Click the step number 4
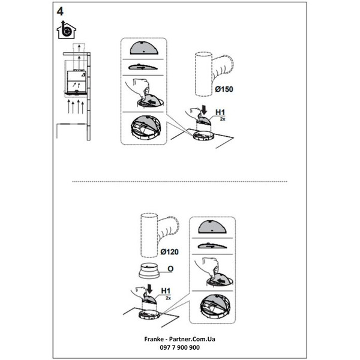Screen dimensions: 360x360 coord(60,11)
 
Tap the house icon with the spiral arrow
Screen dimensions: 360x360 coord(66,30)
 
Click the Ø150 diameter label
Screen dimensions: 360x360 coord(224,89)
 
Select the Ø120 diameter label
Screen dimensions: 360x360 coord(169,252)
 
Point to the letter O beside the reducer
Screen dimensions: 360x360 coord(170,269)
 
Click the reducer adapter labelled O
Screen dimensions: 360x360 coord(149,271)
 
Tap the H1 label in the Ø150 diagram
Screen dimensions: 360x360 coord(220,112)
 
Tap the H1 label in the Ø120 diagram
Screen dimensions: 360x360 coord(166,291)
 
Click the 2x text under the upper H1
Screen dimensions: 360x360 coord(223,119)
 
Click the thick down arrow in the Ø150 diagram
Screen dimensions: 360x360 coord(203,110)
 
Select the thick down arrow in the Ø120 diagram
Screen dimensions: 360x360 coord(149,289)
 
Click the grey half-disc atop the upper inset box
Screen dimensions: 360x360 coord(144,48)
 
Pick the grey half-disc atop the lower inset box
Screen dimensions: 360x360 coord(212,227)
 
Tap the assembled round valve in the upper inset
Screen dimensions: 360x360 coord(143,128)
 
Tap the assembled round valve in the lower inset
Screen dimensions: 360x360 coord(214,307)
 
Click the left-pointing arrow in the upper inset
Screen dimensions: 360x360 coord(152,101)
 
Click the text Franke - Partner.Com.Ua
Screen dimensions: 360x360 coord(180,339)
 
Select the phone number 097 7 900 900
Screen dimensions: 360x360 coord(180,347)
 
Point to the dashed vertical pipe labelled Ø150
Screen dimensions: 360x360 coord(203,74)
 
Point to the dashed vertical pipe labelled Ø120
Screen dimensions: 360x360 coord(149,236)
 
